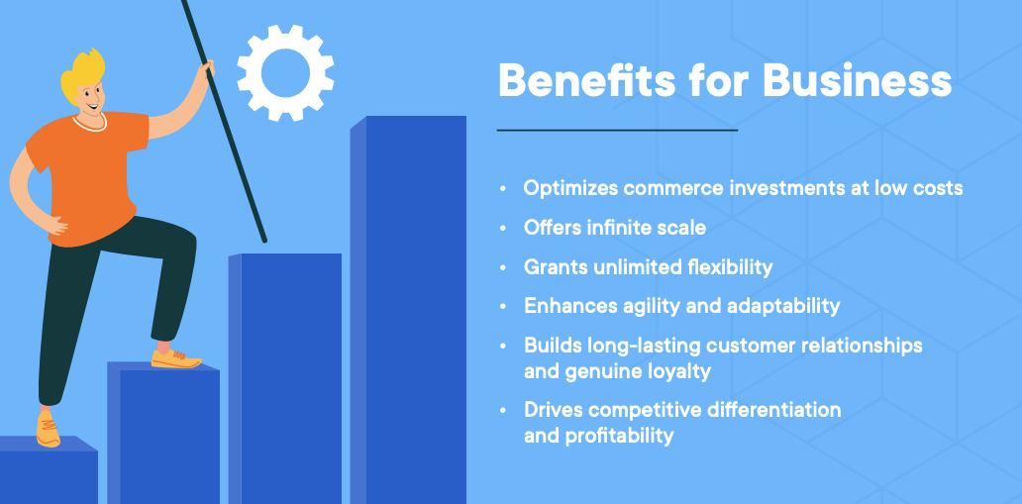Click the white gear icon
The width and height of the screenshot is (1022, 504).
(x=285, y=73)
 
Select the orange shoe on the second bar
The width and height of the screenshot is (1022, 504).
(x=175, y=357)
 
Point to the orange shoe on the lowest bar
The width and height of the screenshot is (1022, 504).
(x=48, y=430)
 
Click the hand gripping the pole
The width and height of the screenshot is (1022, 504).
(x=205, y=72)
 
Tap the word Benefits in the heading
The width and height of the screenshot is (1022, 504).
(x=575, y=80)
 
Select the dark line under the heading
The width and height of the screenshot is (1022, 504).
(x=617, y=130)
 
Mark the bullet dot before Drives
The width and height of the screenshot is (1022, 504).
(x=503, y=410)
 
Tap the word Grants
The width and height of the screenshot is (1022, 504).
(x=556, y=267)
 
